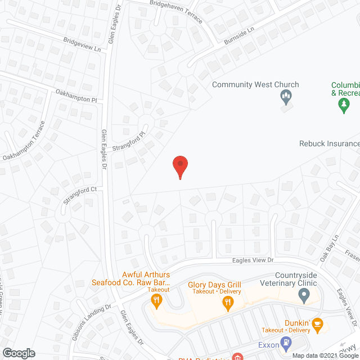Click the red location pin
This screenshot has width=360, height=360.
(x=180, y=166)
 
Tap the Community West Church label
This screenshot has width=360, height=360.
(x=255, y=85)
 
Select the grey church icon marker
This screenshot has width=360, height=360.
(x=286, y=98)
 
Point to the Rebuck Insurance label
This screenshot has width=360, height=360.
(x=329, y=143)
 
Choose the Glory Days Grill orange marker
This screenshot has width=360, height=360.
(x=228, y=304)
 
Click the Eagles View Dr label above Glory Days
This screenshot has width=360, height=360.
(x=253, y=260)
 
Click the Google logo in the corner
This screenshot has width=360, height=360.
(x=18, y=353)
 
